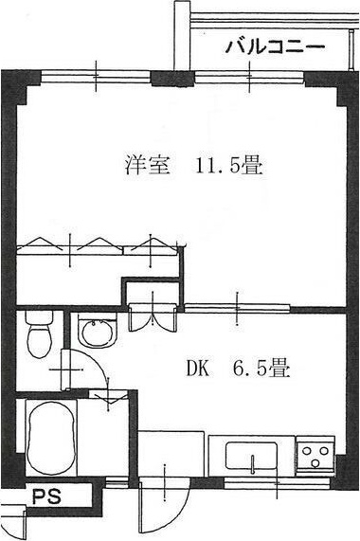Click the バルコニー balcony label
click(274, 46)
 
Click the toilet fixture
click(39, 336)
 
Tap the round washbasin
click(95, 334)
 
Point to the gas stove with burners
click(315, 457)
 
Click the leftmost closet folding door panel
click(42, 244)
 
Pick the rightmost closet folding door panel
click(153, 244)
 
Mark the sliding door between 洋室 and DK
click(237, 305)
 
